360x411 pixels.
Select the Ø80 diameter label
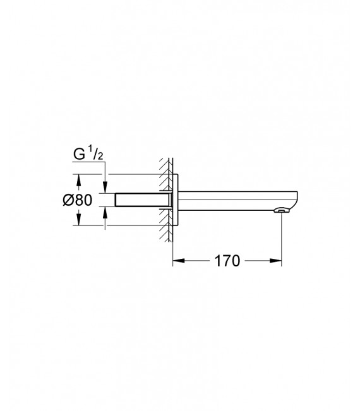tap(77, 200)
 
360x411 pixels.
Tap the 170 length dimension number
tap(227, 260)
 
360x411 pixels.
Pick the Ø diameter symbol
tap(68, 200)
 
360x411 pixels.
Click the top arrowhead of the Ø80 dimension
tap(78, 179)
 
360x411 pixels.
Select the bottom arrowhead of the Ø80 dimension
tap(78, 220)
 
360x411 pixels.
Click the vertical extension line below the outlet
tap(281, 240)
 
